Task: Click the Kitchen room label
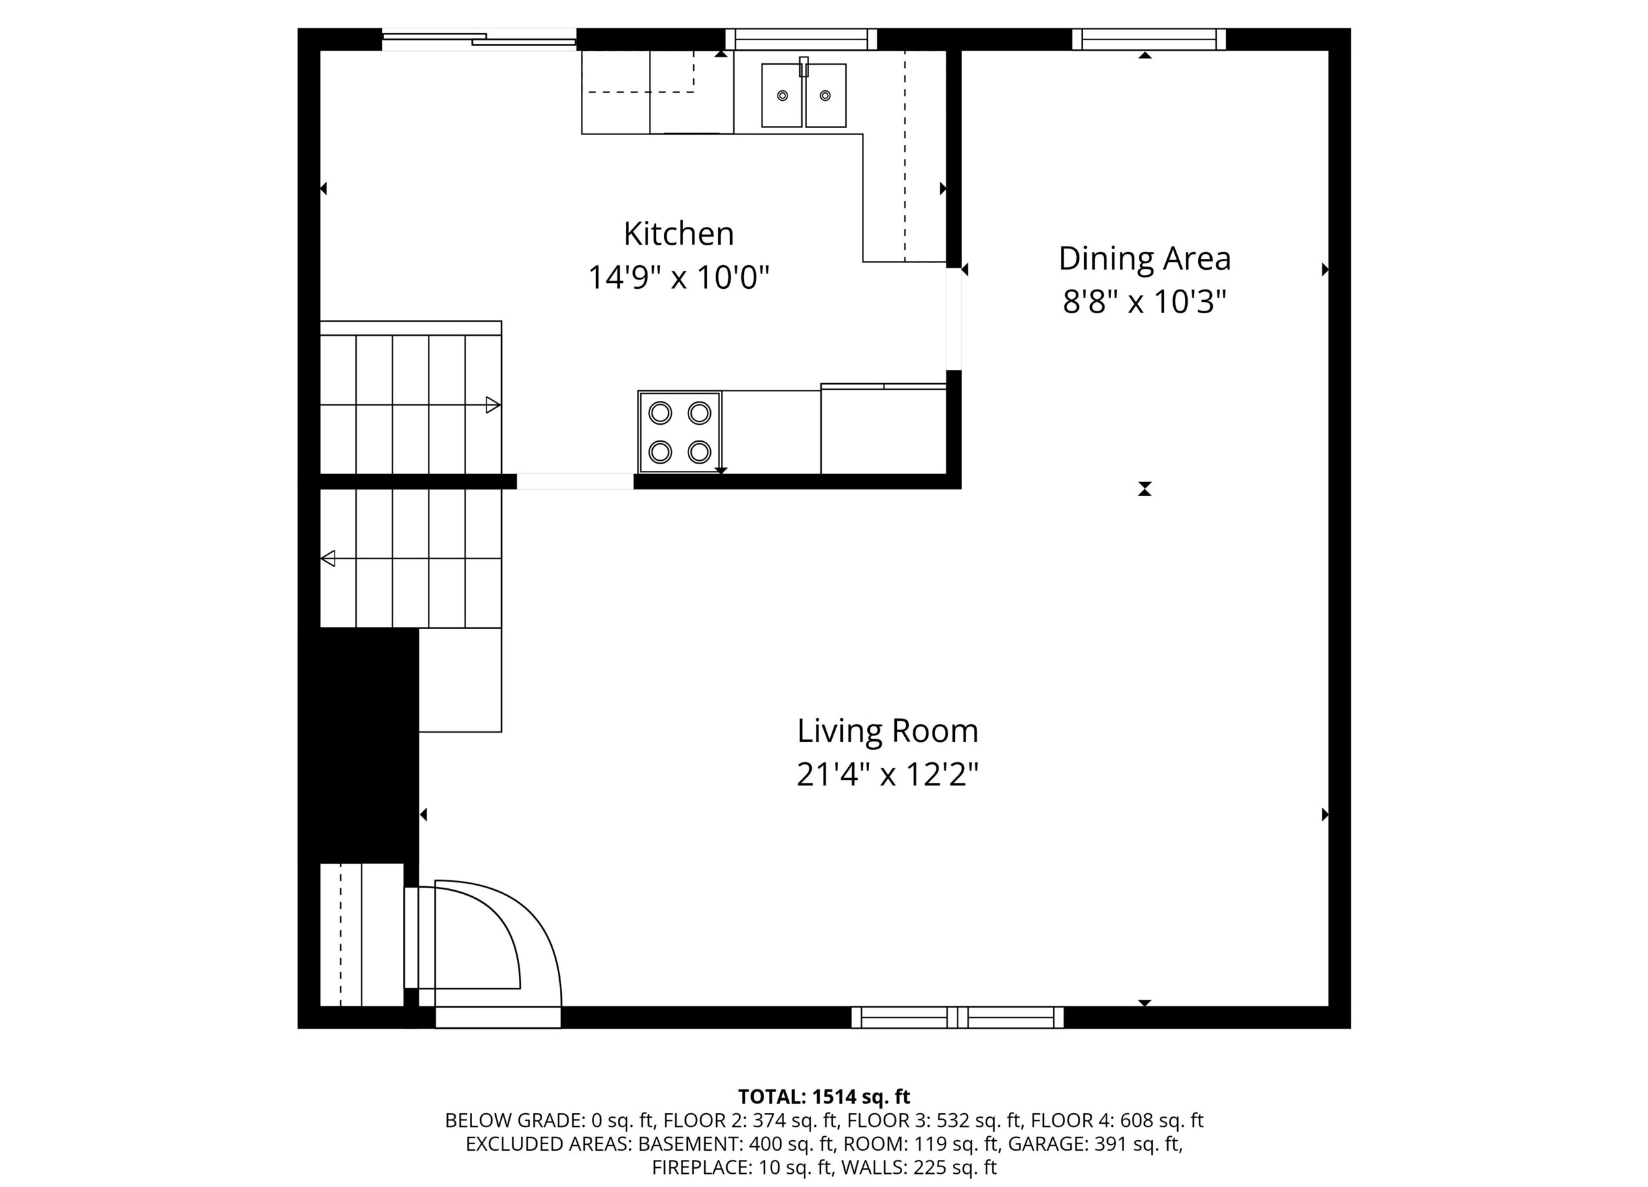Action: [679, 234]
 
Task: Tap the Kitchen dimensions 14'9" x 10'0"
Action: [679, 278]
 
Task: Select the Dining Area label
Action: [1144, 259]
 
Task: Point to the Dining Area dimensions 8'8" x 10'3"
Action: [1144, 301]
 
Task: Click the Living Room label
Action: [888, 731]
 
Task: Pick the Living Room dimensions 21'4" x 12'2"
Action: [888, 775]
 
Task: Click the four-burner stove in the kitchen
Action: [679, 432]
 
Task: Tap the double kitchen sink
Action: [804, 95]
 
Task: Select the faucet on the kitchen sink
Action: [804, 67]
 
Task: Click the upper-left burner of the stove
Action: [659, 413]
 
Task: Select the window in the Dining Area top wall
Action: [1149, 39]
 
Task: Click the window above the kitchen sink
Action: [801, 39]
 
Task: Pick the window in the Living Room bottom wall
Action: [957, 1018]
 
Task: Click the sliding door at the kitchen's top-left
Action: [479, 39]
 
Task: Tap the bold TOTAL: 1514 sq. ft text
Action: [824, 1096]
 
